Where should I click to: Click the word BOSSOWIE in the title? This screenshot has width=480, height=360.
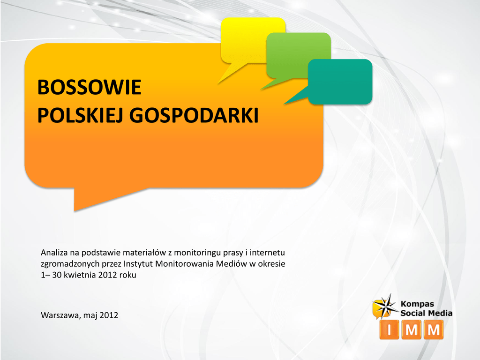click(x=89, y=87)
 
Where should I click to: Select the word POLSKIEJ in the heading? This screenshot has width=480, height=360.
click(x=80, y=115)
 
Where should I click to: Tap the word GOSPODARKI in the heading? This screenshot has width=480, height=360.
click(x=194, y=115)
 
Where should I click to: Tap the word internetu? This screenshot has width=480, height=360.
click(x=267, y=253)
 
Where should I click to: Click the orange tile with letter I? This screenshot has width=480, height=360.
click(x=389, y=330)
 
